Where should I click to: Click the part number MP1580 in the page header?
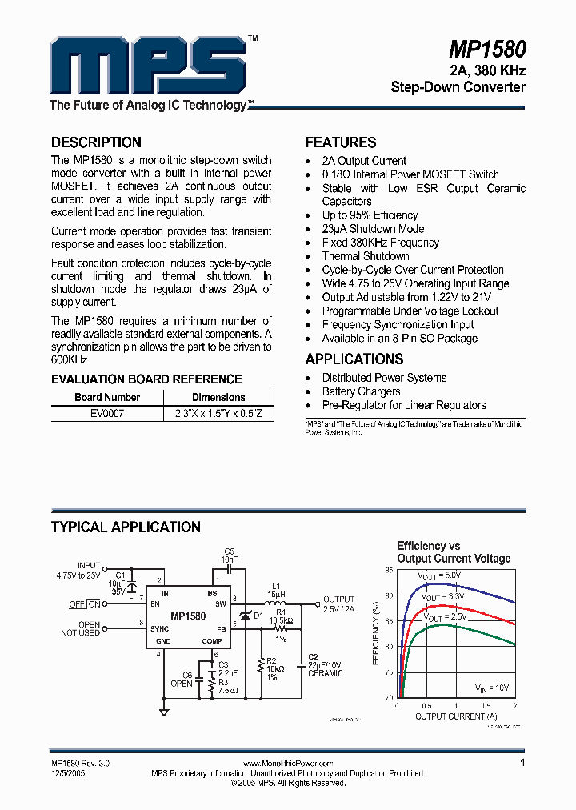pos(487,51)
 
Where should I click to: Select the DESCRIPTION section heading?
pos(96,142)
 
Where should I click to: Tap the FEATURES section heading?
pos(341,142)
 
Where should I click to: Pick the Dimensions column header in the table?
pos(218,397)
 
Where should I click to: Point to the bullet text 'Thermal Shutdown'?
pos(365,256)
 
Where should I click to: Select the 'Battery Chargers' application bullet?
pos(361,391)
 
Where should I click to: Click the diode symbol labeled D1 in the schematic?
pos(246,615)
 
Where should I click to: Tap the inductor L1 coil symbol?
pos(274,603)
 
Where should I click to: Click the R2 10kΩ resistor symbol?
pos(261,663)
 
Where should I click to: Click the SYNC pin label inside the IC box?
pos(159,629)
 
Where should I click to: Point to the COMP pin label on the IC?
pos(212,641)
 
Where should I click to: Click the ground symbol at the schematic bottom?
pos(164,712)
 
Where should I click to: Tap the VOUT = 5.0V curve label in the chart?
pos(439,575)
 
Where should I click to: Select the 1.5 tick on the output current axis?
pos(485,706)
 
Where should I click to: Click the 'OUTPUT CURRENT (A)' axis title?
pos(456,716)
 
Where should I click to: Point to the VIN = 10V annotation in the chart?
pos(492,688)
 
